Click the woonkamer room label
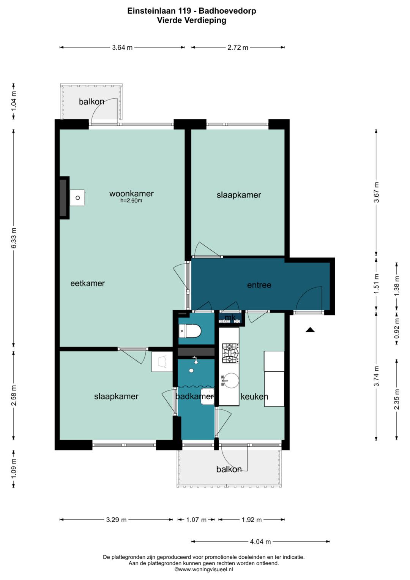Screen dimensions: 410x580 tap(131, 194)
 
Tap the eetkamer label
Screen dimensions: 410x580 tap(87, 283)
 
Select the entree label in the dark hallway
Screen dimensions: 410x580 tap(259, 285)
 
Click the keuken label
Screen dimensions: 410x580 tap(254, 397)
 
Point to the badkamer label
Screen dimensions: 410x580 tap(195, 396)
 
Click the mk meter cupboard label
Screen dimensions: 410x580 tap(230, 318)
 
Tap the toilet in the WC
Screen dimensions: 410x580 tap(190, 331)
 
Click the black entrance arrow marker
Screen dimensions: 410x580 tap(310, 330)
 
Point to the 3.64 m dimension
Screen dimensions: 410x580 tap(122, 47)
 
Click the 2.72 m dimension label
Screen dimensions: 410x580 tap(238, 47)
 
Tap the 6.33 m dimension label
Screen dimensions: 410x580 tap(14, 238)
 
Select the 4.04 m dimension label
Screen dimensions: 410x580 tap(260, 542)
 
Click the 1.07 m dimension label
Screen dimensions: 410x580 tap(196, 520)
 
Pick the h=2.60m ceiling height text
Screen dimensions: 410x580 tap(131, 201)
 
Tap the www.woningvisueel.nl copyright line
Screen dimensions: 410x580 tap(204, 569)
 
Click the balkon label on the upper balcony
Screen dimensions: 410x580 tap(91, 102)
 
